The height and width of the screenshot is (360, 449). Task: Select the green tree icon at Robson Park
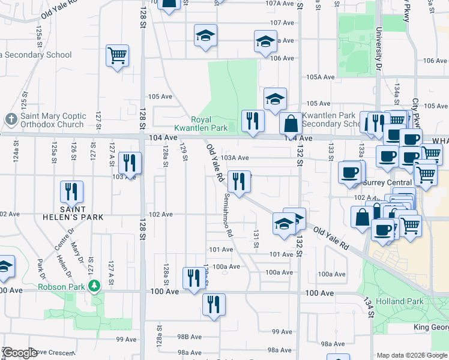point(93,286)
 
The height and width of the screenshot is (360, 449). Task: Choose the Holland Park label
point(400,301)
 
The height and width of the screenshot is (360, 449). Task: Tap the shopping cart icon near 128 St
point(118,56)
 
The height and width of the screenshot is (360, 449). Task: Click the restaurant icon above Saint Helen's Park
point(71,192)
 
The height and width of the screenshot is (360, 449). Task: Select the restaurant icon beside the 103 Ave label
point(130,163)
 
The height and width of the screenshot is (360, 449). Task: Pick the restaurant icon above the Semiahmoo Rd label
point(239,182)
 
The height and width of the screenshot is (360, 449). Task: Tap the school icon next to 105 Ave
point(275,98)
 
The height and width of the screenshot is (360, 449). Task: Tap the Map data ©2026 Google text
point(412,355)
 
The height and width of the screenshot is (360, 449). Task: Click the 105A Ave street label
point(319,77)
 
